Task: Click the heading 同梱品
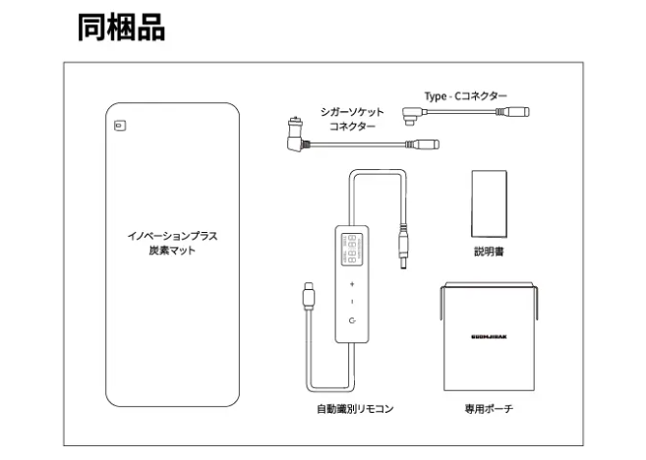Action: pos(121,27)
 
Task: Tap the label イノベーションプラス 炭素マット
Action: pos(172,243)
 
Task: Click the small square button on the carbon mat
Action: pos(119,125)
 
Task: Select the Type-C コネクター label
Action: pos(466,95)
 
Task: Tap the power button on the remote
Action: pos(352,320)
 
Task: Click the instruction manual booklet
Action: pos(489,202)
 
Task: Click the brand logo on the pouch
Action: pos(489,335)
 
